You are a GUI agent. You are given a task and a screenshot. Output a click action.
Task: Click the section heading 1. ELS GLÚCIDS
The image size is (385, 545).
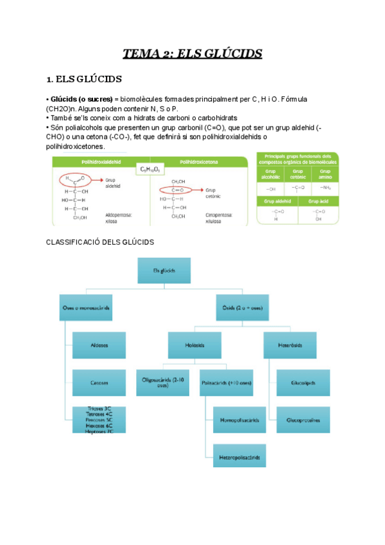point(85,80)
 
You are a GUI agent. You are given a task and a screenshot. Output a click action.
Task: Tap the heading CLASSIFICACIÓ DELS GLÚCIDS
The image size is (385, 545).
point(101,242)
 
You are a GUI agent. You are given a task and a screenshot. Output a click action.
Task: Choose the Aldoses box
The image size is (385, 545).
point(99,345)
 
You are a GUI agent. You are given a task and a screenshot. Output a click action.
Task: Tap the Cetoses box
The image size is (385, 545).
point(99,382)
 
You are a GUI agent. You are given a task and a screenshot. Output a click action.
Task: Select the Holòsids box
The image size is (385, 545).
point(194,345)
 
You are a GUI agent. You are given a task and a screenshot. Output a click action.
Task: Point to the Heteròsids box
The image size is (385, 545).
point(289,345)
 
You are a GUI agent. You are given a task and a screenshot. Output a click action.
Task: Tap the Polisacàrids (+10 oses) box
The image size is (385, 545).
point(227,382)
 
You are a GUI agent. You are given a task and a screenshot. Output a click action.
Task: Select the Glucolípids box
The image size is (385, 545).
point(303,382)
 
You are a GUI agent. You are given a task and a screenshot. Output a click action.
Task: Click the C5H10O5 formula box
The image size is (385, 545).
point(150,170)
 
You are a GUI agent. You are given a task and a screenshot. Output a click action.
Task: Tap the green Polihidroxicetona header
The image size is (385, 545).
point(198,162)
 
